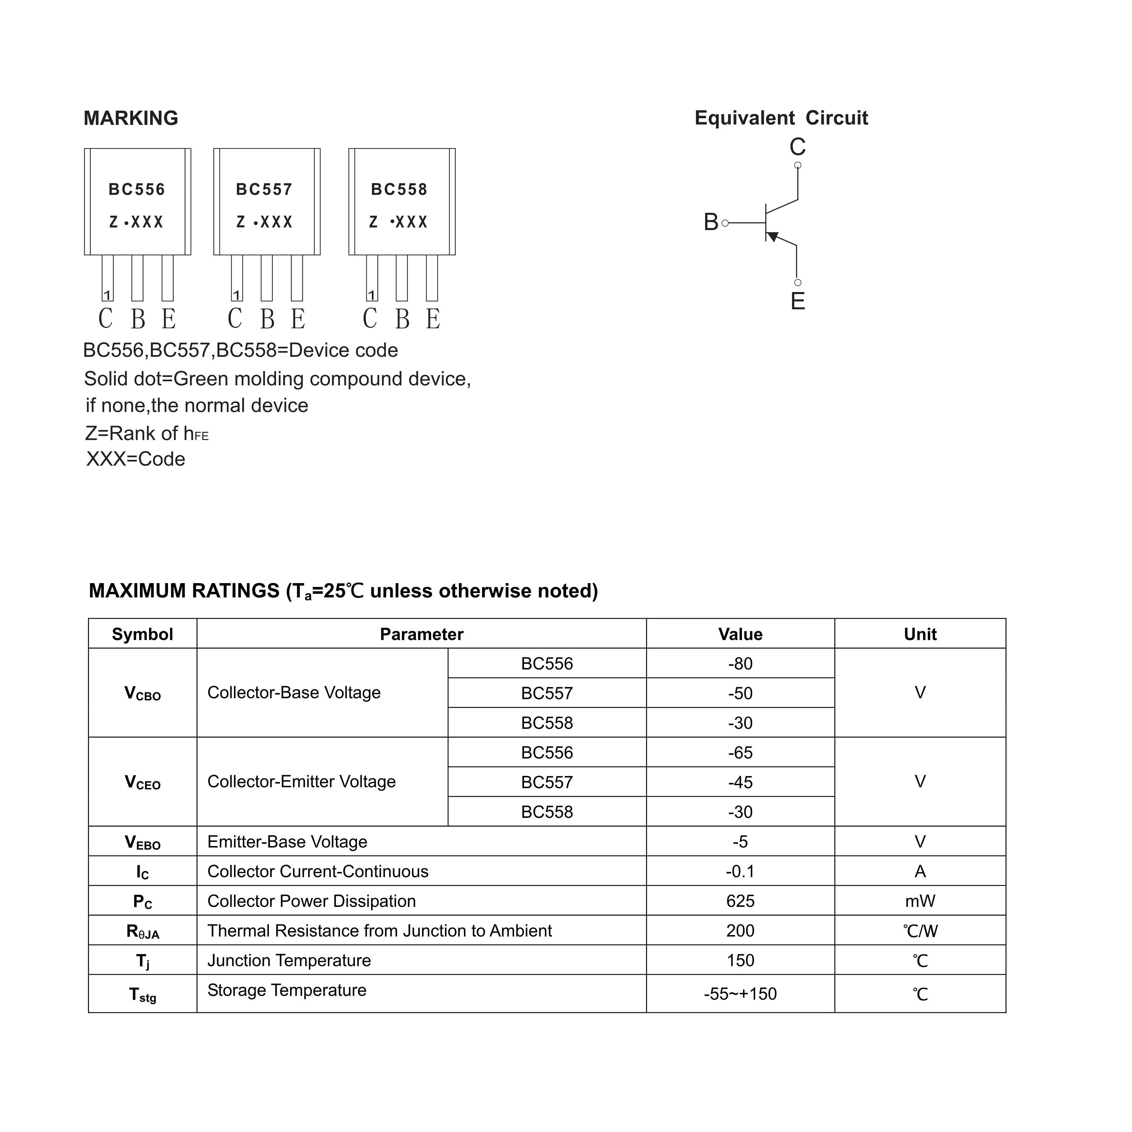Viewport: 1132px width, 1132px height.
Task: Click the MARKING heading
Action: pyautogui.click(x=131, y=118)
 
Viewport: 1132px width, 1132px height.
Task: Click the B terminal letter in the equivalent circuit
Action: pyautogui.click(x=711, y=223)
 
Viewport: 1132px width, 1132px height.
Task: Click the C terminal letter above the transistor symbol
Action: pyautogui.click(x=797, y=147)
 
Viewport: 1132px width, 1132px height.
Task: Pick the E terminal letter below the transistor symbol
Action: pyautogui.click(x=797, y=301)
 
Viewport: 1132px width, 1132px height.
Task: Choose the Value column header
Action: pyautogui.click(x=740, y=634)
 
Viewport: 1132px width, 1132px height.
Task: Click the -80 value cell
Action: pyautogui.click(x=740, y=664)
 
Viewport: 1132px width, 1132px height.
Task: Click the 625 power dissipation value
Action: pyautogui.click(x=740, y=901)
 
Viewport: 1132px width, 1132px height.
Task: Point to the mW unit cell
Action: pyautogui.click(x=920, y=901)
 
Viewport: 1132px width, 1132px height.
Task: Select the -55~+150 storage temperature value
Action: pyautogui.click(x=740, y=994)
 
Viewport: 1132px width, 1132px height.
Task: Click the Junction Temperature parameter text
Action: pyautogui.click(x=289, y=960)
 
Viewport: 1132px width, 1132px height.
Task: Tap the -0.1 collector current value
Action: pyautogui.click(x=740, y=871)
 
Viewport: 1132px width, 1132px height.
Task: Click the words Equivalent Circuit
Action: pyautogui.click(x=781, y=118)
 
